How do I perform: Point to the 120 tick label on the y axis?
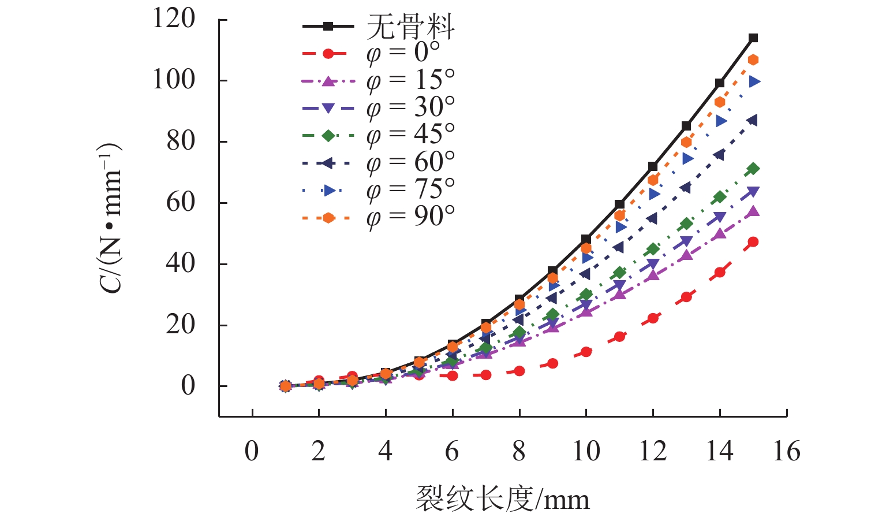174,19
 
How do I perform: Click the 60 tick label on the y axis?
181,203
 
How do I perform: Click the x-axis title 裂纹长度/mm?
502,499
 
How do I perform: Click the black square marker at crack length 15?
753,38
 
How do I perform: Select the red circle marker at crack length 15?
753,242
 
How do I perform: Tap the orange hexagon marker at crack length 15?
753,60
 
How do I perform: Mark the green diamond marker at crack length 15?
753,169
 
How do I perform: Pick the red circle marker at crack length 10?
586,352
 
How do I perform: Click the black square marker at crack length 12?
653,166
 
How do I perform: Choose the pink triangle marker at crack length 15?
753,211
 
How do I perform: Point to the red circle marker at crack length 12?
653,318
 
